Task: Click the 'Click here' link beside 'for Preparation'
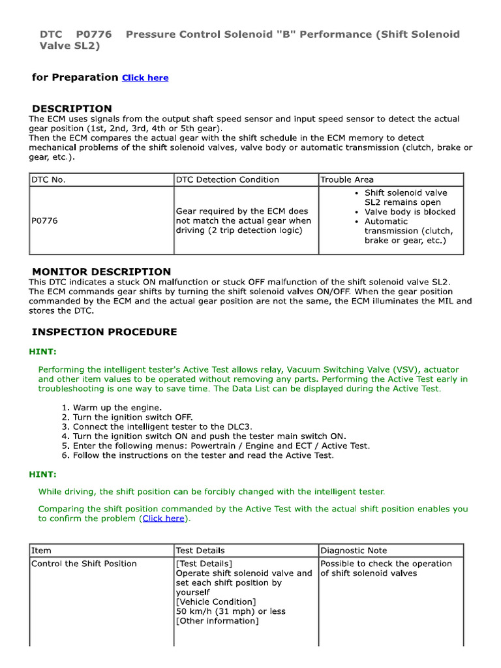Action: click(x=145, y=78)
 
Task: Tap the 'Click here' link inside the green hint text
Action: click(x=163, y=518)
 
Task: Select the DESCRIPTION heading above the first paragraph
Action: click(x=72, y=108)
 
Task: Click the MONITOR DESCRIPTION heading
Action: click(x=101, y=271)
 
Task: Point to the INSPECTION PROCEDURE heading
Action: click(x=104, y=332)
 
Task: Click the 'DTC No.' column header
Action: click(x=49, y=179)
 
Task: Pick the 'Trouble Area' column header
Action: click(x=347, y=179)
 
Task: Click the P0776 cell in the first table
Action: click(x=44, y=221)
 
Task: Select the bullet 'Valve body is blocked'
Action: click(x=410, y=212)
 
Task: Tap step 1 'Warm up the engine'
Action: click(x=117, y=408)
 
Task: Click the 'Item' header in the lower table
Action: click(x=42, y=551)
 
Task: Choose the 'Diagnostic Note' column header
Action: click(x=354, y=551)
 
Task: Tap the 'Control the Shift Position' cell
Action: click(x=84, y=564)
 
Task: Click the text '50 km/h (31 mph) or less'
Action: click(x=231, y=611)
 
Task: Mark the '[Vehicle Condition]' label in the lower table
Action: click(x=216, y=601)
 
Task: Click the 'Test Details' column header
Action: click(x=200, y=551)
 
